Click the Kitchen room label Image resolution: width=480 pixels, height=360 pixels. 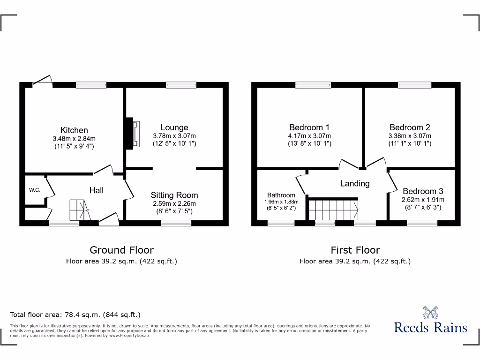(74, 130)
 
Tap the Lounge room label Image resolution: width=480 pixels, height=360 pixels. (174, 127)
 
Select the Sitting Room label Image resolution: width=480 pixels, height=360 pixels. (174, 195)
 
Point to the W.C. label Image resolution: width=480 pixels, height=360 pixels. (34, 190)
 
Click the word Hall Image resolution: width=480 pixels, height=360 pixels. (97, 190)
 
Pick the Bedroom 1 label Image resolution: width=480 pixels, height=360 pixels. (309, 127)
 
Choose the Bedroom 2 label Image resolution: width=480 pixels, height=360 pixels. (410, 127)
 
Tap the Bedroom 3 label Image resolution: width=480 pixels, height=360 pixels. (423, 191)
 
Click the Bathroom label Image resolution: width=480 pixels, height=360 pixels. (281, 195)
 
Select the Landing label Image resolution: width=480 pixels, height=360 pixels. (355, 183)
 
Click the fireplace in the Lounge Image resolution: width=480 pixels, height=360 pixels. (133, 134)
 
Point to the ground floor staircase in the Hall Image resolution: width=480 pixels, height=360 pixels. (79, 210)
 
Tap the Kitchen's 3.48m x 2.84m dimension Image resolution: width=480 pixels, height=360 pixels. (74, 139)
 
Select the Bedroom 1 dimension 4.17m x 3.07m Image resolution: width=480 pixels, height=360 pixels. (309, 136)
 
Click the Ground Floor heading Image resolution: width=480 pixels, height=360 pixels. (121, 250)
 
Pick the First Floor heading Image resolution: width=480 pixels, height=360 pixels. (355, 250)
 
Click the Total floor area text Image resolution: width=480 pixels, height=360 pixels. (75, 315)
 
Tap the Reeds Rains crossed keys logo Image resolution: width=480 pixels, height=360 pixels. (430, 313)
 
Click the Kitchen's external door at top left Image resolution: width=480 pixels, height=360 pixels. (43, 81)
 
